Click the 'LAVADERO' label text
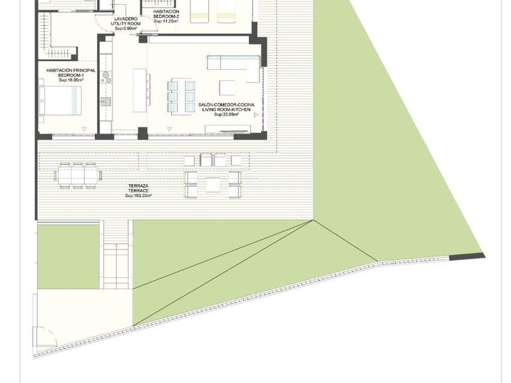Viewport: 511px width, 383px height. click(125, 19)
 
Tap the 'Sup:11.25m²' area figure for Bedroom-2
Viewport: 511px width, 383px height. click(165, 21)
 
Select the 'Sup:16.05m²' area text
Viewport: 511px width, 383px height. click(71, 80)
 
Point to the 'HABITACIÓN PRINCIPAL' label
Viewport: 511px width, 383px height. click(71, 70)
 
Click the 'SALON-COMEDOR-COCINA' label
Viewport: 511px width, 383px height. click(226, 105)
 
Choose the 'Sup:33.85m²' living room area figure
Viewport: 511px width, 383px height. click(226, 116)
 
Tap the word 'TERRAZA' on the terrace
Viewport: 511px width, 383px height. click(138, 186)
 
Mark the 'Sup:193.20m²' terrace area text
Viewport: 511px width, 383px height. click(138, 196)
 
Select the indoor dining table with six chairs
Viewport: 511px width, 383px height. click(181, 96)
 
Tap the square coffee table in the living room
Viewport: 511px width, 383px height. click(228, 87)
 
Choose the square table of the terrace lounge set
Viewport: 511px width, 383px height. click(213, 184)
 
